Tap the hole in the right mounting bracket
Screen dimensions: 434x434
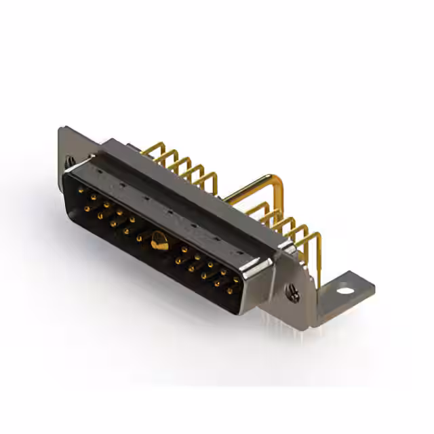pos(346,292)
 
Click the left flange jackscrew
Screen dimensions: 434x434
pos(70,161)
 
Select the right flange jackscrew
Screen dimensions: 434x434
pos(294,293)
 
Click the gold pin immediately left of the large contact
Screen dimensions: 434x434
pos(140,238)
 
